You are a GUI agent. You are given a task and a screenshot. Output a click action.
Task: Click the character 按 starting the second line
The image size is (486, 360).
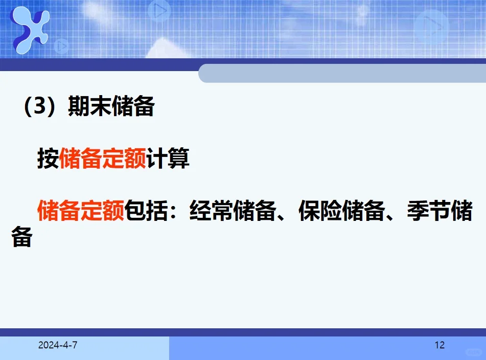point(48,160)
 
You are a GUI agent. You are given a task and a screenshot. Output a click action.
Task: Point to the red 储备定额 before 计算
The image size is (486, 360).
point(103,160)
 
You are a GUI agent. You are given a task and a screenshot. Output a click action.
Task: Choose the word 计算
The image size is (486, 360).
point(168,160)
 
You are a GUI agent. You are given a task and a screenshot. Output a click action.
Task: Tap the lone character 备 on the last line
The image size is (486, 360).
point(22,237)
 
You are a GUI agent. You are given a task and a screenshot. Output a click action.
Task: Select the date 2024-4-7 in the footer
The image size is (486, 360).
point(58,345)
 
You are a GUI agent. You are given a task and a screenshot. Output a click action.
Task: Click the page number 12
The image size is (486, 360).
point(439,345)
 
